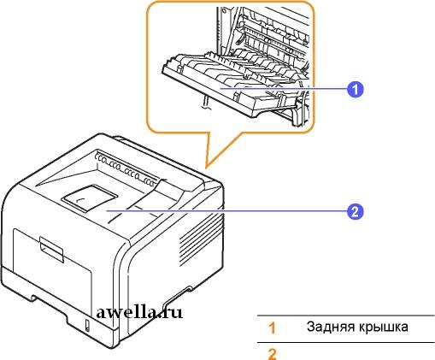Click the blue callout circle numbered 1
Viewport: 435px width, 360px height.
(x=355, y=90)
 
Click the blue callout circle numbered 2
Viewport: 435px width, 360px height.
(x=355, y=212)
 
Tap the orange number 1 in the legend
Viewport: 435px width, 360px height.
(x=273, y=328)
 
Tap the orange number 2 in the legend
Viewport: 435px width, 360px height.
(x=273, y=354)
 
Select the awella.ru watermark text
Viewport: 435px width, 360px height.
(x=139, y=312)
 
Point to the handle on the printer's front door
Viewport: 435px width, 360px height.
(x=51, y=249)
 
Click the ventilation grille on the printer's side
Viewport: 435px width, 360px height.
(x=201, y=239)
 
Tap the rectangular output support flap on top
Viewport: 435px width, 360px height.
(x=89, y=198)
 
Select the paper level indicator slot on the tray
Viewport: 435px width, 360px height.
(x=87, y=326)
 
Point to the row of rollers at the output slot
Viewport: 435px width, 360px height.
(x=126, y=168)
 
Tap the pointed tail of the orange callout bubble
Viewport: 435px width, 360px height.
(x=206, y=168)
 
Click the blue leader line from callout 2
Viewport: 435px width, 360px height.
(x=226, y=211)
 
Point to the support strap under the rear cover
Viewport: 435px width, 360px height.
(x=206, y=103)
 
